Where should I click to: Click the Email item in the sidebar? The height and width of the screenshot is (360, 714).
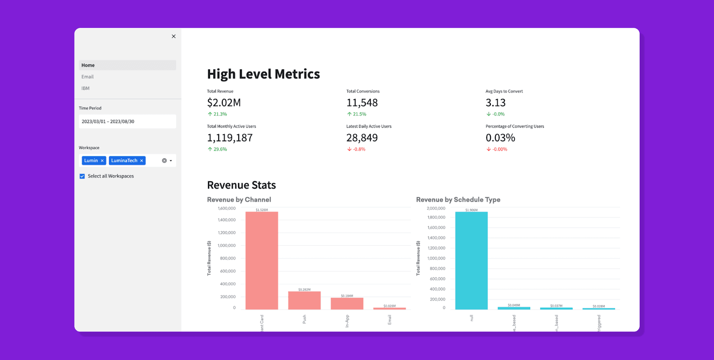(88, 77)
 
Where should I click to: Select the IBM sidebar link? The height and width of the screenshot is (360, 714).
(86, 88)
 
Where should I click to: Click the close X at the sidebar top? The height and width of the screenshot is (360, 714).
(174, 36)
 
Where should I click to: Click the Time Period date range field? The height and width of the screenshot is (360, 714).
(127, 122)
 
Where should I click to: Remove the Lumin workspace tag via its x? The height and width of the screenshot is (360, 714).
(102, 161)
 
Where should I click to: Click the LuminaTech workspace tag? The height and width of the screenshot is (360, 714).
(124, 161)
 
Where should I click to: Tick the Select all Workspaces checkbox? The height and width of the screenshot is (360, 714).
(82, 176)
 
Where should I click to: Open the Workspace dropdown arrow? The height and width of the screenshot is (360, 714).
(171, 161)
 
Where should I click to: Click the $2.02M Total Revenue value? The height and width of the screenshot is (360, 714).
(224, 103)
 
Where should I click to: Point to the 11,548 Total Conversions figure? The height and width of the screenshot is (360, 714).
(362, 103)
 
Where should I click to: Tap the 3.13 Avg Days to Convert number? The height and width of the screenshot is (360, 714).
(495, 103)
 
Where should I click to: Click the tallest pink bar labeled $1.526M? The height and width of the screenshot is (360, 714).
(262, 260)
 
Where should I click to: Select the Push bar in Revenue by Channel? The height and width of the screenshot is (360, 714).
(304, 300)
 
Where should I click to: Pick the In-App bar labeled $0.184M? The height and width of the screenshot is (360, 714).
(347, 303)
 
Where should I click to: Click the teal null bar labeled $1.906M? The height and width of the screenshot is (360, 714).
(471, 260)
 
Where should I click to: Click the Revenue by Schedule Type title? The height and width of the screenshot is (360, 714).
(458, 200)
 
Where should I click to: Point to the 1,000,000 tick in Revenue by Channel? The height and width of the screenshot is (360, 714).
(226, 245)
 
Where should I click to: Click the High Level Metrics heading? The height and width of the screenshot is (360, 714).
(263, 74)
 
